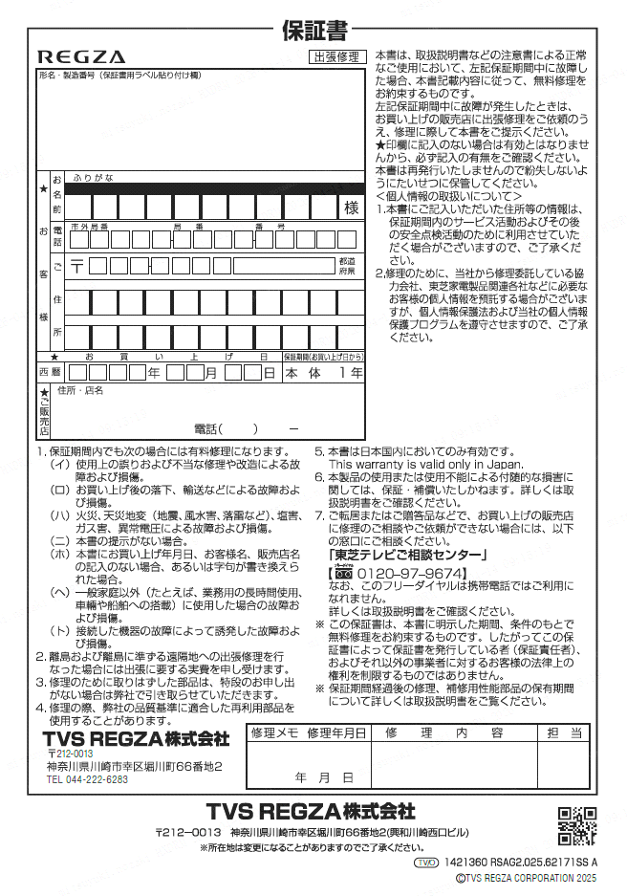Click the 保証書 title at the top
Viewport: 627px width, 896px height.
click(313, 31)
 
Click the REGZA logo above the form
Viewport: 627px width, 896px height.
click(81, 57)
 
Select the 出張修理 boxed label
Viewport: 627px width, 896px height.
click(336, 58)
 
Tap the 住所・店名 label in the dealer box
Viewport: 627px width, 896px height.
click(80, 390)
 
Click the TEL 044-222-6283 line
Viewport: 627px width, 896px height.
click(87, 779)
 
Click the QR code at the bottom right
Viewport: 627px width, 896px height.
click(577, 826)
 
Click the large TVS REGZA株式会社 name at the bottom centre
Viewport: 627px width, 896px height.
click(310, 812)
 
